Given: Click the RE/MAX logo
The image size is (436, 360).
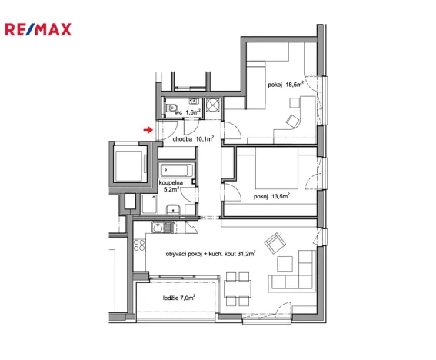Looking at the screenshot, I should coord(38,30).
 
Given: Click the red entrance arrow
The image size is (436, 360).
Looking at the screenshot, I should coord(148,130).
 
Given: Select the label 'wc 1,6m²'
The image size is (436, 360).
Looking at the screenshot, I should coord(188,112).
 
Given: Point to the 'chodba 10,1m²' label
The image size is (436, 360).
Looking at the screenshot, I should coord(193,139).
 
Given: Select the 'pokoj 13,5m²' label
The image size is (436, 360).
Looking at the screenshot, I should coord(271,196).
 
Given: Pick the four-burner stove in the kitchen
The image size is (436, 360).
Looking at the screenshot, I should coord(140,248).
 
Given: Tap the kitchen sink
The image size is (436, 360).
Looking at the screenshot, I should coord(157,227).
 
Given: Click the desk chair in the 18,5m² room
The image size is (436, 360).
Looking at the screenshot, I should coord(293,121).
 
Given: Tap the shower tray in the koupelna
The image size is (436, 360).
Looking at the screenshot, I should coord(149,204).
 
